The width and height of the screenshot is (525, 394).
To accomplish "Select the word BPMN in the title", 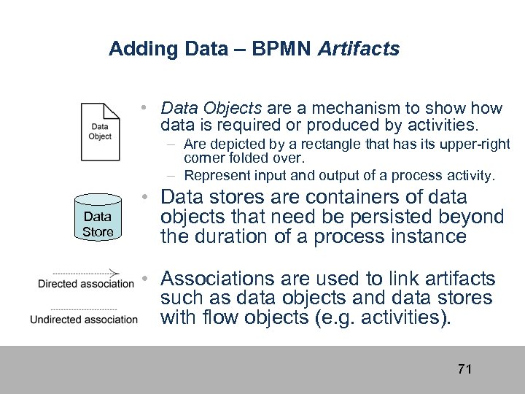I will [x=280, y=49].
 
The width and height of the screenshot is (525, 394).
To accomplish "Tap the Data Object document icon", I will [x=100, y=131].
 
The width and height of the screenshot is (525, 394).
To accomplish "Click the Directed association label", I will [x=85, y=284].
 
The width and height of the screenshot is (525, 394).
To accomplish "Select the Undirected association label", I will [x=84, y=319].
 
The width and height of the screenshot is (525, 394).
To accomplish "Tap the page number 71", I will [x=464, y=369].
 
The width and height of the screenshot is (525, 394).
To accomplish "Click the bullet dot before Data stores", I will [x=147, y=198].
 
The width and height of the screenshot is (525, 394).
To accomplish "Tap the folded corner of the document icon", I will [x=113, y=110].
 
